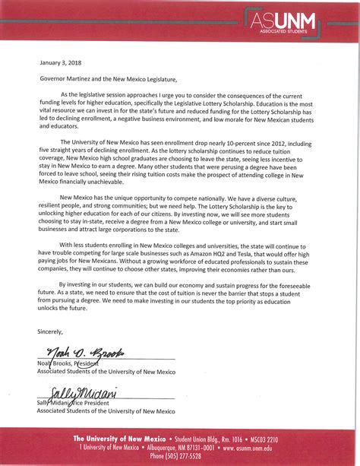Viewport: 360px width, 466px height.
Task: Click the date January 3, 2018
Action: point(62,62)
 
